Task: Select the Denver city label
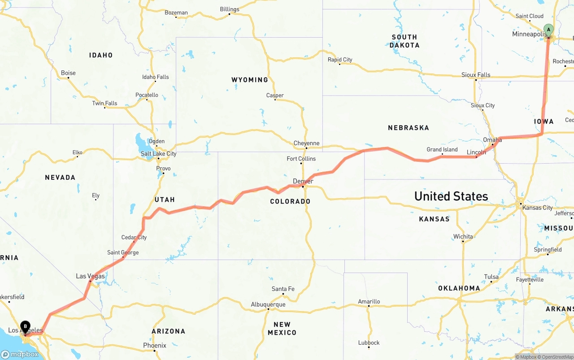click(303, 181)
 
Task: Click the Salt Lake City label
click(158, 154)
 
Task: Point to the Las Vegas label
click(90, 276)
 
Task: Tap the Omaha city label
click(492, 140)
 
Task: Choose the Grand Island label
click(442, 150)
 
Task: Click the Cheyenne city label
click(306, 143)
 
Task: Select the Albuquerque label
click(268, 304)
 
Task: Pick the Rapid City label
click(339, 60)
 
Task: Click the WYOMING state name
click(249, 80)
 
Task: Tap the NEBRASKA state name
click(408, 128)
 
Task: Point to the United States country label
click(451, 196)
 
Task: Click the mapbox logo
click(20, 354)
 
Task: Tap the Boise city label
click(68, 73)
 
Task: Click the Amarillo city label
click(369, 302)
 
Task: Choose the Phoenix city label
click(154, 346)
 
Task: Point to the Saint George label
click(123, 252)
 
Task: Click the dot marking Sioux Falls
click(476, 80)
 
